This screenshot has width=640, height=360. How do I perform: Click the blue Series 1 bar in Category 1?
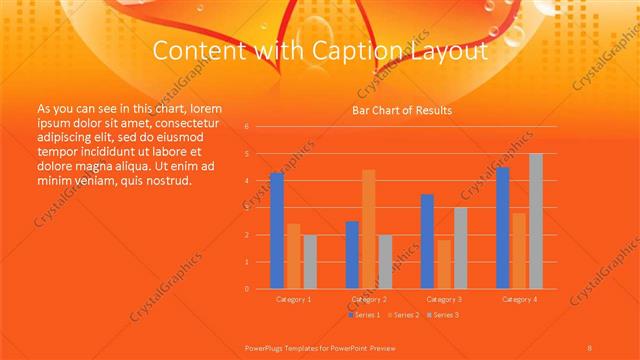(277, 231)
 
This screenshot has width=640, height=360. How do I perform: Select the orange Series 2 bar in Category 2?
(369, 229)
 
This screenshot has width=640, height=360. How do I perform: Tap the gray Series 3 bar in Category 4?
(536, 221)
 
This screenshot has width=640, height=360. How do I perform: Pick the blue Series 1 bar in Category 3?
(427, 241)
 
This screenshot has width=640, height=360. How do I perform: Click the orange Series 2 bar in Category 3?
(444, 264)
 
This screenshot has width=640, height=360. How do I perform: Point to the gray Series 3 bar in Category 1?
(309, 262)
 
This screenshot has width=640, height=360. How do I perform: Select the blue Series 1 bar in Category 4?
(503, 228)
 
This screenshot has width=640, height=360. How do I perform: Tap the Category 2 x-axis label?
(369, 299)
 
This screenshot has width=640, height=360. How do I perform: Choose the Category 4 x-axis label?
(519, 299)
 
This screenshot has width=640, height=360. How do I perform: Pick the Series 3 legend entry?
(442, 315)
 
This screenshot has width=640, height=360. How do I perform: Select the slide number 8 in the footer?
(589, 346)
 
